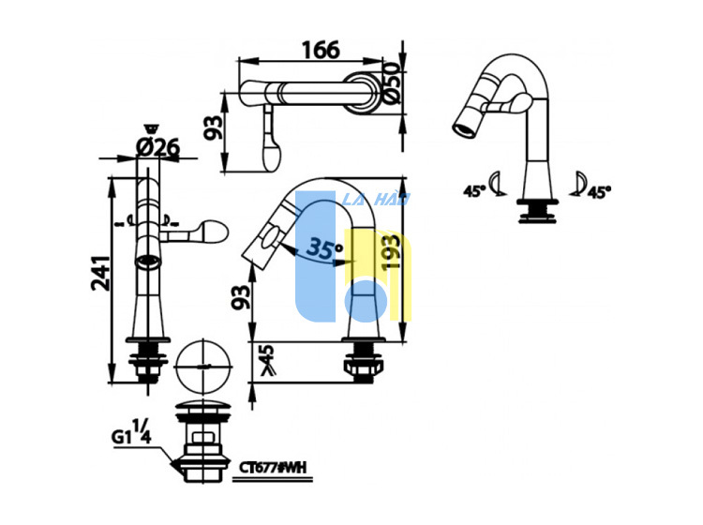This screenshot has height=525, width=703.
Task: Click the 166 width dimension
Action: [x=321, y=50]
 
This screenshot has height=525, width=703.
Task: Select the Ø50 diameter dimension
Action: [x=391, y=83]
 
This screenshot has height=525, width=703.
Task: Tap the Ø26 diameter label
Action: [x=157, y=146]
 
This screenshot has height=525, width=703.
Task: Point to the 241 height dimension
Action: [x=101, y=273]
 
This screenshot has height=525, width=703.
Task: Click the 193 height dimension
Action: [x=391, y=252]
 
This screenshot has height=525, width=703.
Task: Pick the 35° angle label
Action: [x=326, y=248]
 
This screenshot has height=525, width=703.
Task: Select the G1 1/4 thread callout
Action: [x=131, y=432]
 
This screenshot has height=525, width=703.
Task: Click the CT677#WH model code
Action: [x=273, y=468]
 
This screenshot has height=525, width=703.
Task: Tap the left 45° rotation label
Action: [x=474, y=191]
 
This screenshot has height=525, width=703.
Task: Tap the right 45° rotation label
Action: [x=599, y=192]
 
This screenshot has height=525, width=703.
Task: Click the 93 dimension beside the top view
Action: [x=213, y=127]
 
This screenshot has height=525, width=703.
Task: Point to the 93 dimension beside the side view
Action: [x=241, y=297]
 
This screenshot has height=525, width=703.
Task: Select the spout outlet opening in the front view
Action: [x=147, y=262]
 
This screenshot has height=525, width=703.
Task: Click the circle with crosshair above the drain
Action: [x=203, y=367]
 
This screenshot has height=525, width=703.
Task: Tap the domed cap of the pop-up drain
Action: [x=203, y=410]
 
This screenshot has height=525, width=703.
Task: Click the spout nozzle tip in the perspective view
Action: [x=465, y=127]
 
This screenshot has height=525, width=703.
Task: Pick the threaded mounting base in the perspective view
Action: [x=538, y=211]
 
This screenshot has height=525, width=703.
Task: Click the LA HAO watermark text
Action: [x=376, y=199]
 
